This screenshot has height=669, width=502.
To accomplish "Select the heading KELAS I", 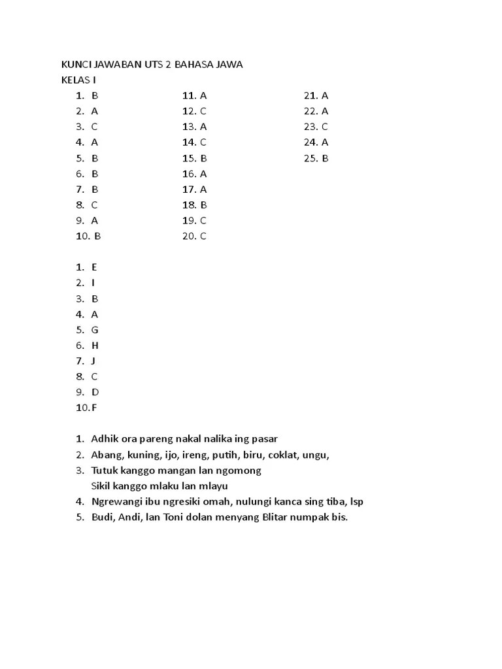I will click(78, 80).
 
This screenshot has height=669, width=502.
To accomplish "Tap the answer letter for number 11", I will click(204, 95).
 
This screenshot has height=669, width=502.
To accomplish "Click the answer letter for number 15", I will click(204, 158).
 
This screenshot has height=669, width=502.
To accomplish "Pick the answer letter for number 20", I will click(204, 237).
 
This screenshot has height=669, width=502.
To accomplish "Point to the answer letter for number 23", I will click(325, 127).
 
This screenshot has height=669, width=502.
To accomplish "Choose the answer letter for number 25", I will click(325, 158).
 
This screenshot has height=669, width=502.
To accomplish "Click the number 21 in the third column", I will click(310, 95).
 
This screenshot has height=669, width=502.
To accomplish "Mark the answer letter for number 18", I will click(204, 205).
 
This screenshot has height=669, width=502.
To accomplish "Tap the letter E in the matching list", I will click(94, 267).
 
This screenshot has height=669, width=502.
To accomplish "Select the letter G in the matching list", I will click(95, 330).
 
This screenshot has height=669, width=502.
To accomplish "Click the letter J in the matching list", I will click(93, 361).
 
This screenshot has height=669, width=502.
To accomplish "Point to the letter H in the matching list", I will click(95, 346).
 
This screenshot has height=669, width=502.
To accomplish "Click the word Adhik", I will click(105, 439).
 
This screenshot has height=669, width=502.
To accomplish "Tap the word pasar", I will click(273, 439).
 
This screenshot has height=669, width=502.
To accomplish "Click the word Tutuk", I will click(105, 470).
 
